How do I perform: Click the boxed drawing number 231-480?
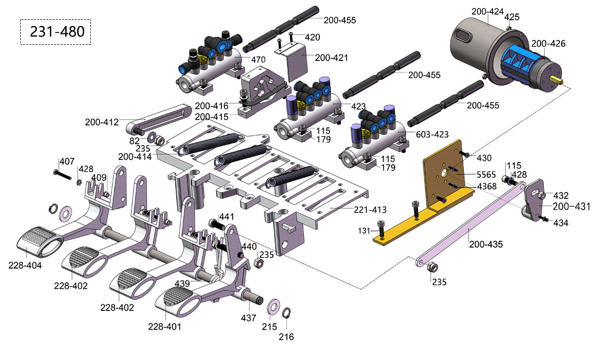point(56,32)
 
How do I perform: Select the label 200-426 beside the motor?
point(548,44)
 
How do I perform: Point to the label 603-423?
point(432,134)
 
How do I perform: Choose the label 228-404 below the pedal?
point(26,265)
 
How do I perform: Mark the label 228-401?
point(165,327)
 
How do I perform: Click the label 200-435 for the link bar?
point(486,244)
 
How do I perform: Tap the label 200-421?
point(331,57)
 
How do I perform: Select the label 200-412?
point(103,122)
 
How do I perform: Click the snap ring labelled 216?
point(286,313)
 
